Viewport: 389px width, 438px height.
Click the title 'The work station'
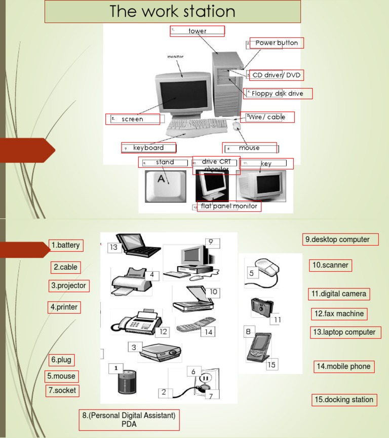[x=173, y=12]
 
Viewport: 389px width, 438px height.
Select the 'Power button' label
[x=277, y=43]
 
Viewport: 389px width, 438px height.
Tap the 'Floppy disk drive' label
[x=278, y=94]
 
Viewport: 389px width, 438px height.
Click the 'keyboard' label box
[x=149, y=148]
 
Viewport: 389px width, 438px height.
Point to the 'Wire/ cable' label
[x=267, y=117]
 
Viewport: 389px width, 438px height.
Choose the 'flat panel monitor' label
[x=229, y=206]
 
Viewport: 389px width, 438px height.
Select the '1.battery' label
[x=66, y=245]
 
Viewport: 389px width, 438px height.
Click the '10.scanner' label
[x=330, y=265]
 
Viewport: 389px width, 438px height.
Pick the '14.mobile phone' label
[x=344, y=367]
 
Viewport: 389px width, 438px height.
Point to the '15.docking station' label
[x=344, y=400]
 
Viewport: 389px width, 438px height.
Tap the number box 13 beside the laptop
[x=113, y=247]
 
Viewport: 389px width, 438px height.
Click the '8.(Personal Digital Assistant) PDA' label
[x=130, y=420]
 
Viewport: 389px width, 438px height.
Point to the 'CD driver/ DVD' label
[x=277, y=75]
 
